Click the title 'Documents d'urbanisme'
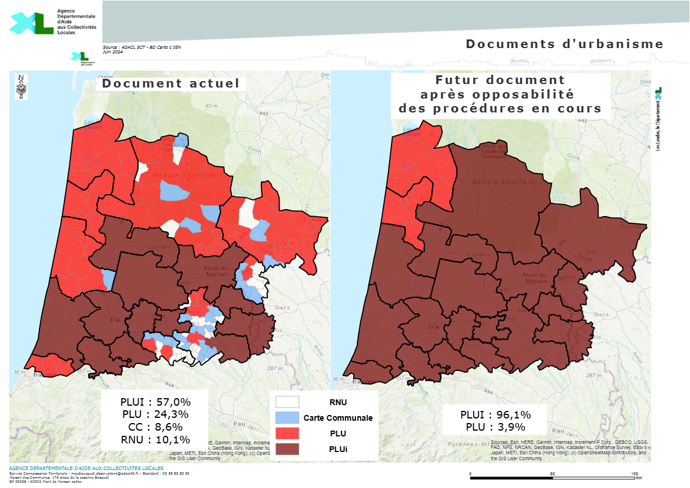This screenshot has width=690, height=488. pos(564,44)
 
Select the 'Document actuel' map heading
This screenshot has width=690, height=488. pos(170,83)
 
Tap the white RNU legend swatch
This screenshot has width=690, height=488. pos(287,402)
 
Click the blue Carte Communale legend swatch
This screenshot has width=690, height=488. pos(287,417)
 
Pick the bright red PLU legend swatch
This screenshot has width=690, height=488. pos(287,433)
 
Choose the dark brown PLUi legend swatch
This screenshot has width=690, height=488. pos(287,449)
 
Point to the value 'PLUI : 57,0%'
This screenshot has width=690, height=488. pos(155,402)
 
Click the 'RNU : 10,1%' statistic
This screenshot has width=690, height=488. pos(155,439)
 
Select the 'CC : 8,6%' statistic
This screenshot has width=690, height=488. pos(155,427)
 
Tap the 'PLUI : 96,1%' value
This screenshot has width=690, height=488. pos(495,414)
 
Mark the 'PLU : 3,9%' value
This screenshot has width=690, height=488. pos(495,427)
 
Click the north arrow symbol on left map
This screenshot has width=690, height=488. pos(21,88)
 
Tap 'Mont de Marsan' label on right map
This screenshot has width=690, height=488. pos(535,278)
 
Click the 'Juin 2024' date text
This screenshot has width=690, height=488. pos(112,52)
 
